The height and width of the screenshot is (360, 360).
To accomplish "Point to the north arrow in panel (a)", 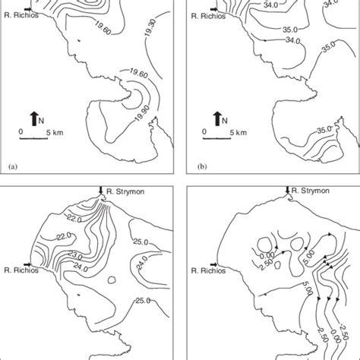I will [x=33, y=118].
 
